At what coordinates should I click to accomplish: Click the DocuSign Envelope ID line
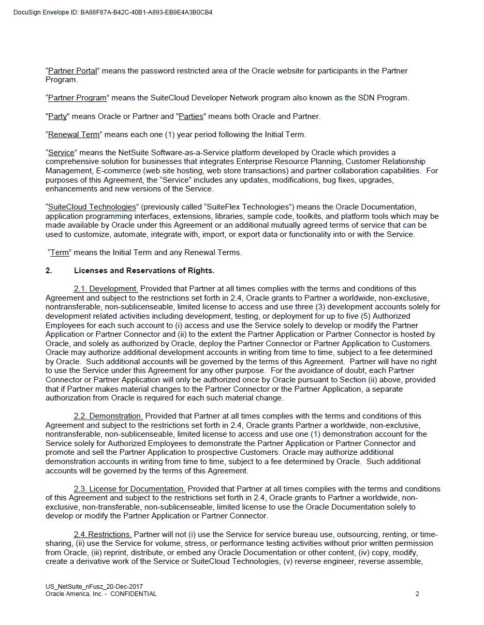[113, 12]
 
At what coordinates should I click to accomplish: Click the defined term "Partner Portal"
[72, 71]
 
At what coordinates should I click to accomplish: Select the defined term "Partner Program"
[77, 98]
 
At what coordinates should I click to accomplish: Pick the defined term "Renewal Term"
[74, 135]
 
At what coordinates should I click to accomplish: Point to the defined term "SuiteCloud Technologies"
[92, 207]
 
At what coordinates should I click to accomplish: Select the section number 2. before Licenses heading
[49, 271]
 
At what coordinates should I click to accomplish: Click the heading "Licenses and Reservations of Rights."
[144, 271]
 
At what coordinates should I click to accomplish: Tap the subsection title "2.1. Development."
[106, 289]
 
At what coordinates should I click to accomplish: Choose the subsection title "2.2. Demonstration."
[108, 416]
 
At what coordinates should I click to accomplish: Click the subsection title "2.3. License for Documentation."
[129, 489]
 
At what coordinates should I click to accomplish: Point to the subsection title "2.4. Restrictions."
[102, 534]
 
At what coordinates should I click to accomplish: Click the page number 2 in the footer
[417, 594]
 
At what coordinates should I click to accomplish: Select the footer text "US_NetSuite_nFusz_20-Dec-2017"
[94, 587]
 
